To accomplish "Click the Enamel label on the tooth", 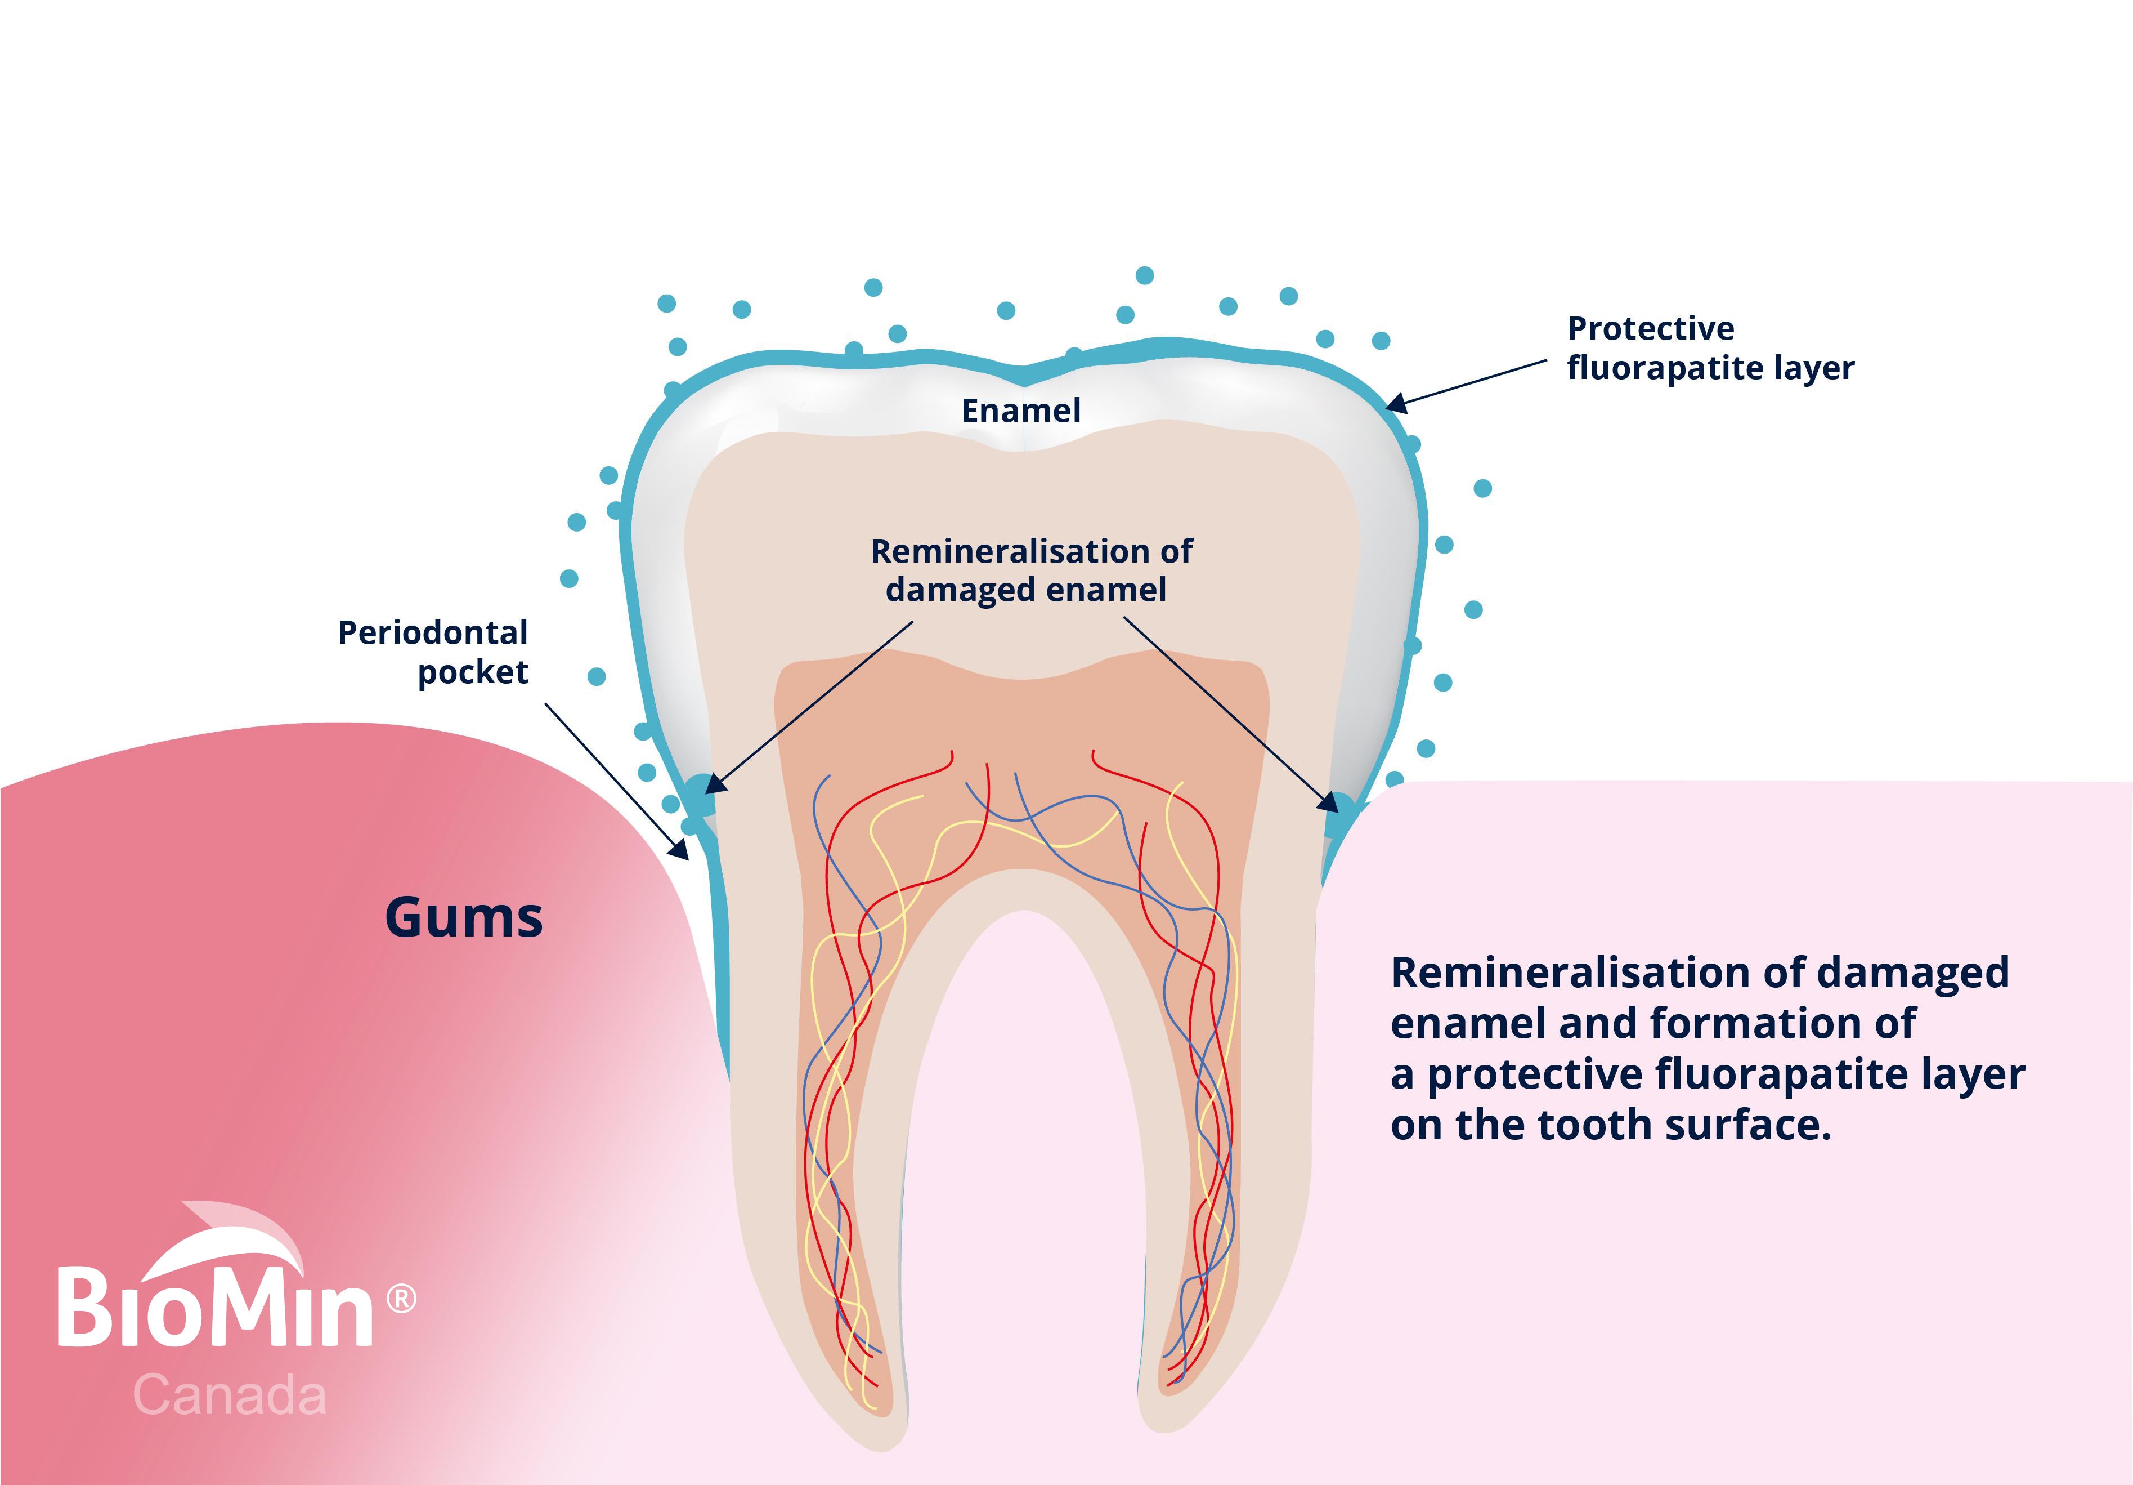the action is [1021, 411].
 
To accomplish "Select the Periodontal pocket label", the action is [433, 652].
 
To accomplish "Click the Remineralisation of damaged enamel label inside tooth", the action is [1031, 570].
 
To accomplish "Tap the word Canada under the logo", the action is [230, 1396].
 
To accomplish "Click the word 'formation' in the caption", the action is [1741, 1023].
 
